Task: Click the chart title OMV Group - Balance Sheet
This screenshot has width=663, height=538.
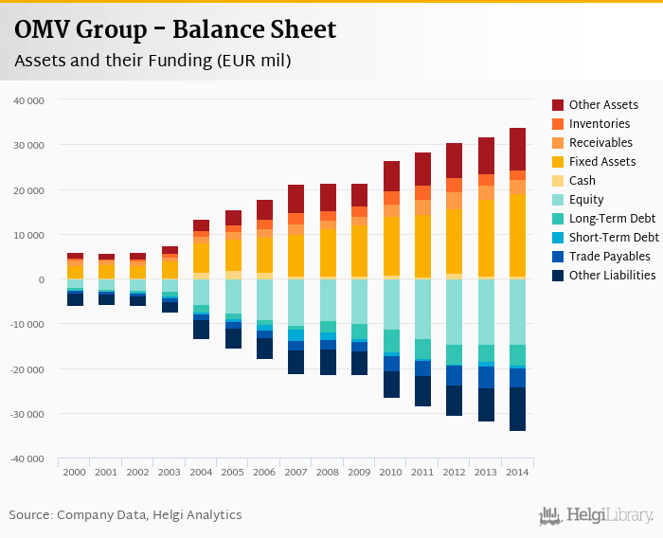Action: [175, 30]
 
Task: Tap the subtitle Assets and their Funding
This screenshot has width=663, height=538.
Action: [152, 62]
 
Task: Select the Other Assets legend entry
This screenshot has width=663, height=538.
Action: [602, 105]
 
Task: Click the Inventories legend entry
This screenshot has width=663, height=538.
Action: [600, 124]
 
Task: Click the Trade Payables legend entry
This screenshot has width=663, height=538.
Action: [609, 257]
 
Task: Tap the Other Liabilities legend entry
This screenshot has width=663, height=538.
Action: [612, 276]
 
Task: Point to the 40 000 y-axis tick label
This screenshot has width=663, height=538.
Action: [30, 99]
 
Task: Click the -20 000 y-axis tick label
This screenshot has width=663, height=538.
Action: [28, 369]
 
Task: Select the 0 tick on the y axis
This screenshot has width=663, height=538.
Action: [42, 279]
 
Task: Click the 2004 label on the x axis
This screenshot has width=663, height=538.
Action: [201, 471]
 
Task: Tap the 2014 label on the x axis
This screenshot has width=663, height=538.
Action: [517, 471]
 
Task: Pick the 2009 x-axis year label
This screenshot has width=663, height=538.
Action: [359, 471]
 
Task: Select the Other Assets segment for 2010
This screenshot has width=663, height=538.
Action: [391, 176]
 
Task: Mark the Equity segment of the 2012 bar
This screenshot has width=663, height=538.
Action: [455, 312]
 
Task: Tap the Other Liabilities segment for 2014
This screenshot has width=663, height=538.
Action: [517, 409]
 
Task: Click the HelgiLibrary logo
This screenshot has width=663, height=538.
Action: [597, 515]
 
